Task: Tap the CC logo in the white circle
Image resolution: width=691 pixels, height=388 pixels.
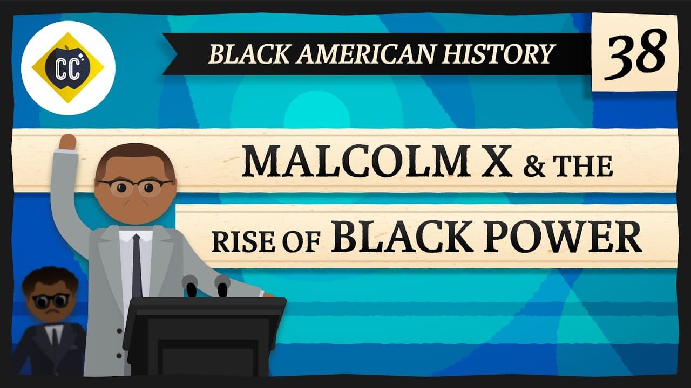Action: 67,67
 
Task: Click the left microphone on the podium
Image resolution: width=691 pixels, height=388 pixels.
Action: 190,286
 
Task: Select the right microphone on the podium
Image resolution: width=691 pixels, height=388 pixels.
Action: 222,286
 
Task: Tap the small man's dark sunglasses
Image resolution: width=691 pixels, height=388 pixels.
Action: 51,300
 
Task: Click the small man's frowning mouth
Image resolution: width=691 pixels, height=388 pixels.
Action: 52,315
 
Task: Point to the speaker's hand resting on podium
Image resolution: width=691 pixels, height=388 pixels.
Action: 267,295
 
